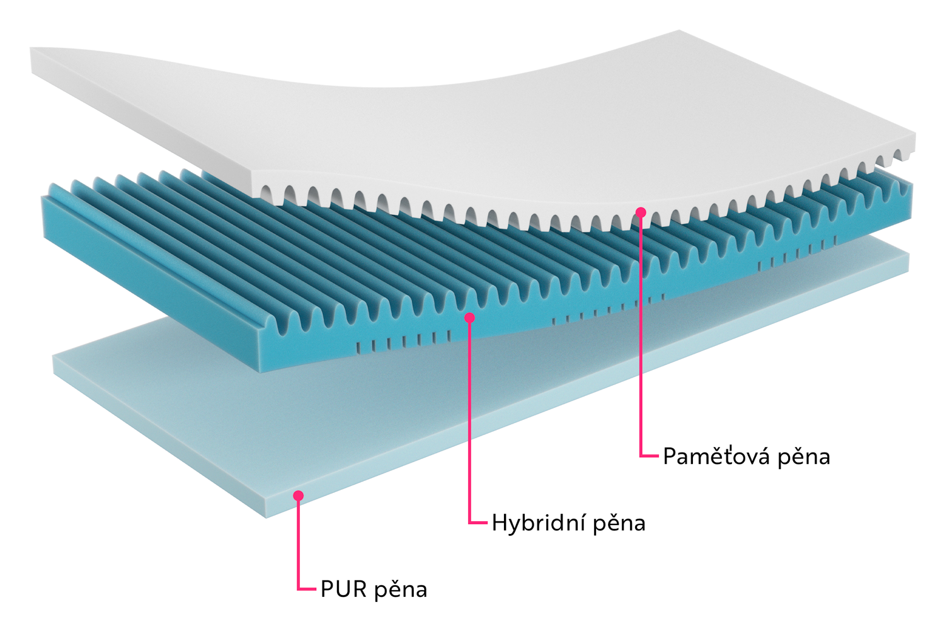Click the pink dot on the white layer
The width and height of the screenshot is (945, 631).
tap(641, 212)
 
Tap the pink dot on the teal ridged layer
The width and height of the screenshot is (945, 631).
tap(469, 318)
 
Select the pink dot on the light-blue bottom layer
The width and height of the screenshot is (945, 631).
tap(299, 496)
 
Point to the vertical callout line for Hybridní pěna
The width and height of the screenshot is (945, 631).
tap(469, 422)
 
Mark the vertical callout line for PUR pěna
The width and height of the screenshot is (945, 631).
tap(299, 542)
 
